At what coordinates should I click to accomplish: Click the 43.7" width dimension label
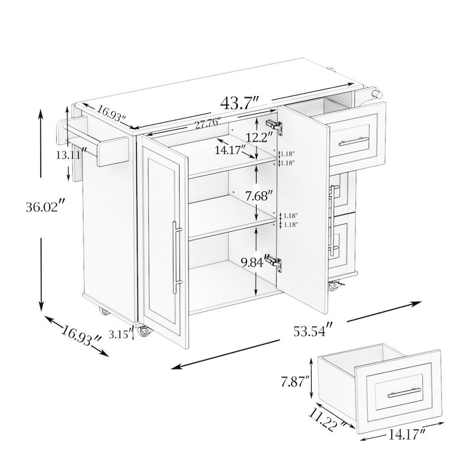coord(241,103)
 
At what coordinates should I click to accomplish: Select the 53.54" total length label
coord(313,330)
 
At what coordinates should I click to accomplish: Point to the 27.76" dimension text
coord(207,123)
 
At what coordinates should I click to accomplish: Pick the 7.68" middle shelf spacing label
coord(257,197)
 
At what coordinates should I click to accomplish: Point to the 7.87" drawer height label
coord(295,382)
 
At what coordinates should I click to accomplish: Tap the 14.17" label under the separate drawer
coord(407,435)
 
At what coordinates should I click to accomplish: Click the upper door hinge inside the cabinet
coord(274,127)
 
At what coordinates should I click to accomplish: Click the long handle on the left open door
coord(177,257)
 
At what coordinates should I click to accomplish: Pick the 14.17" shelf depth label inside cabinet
coord(230,150)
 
